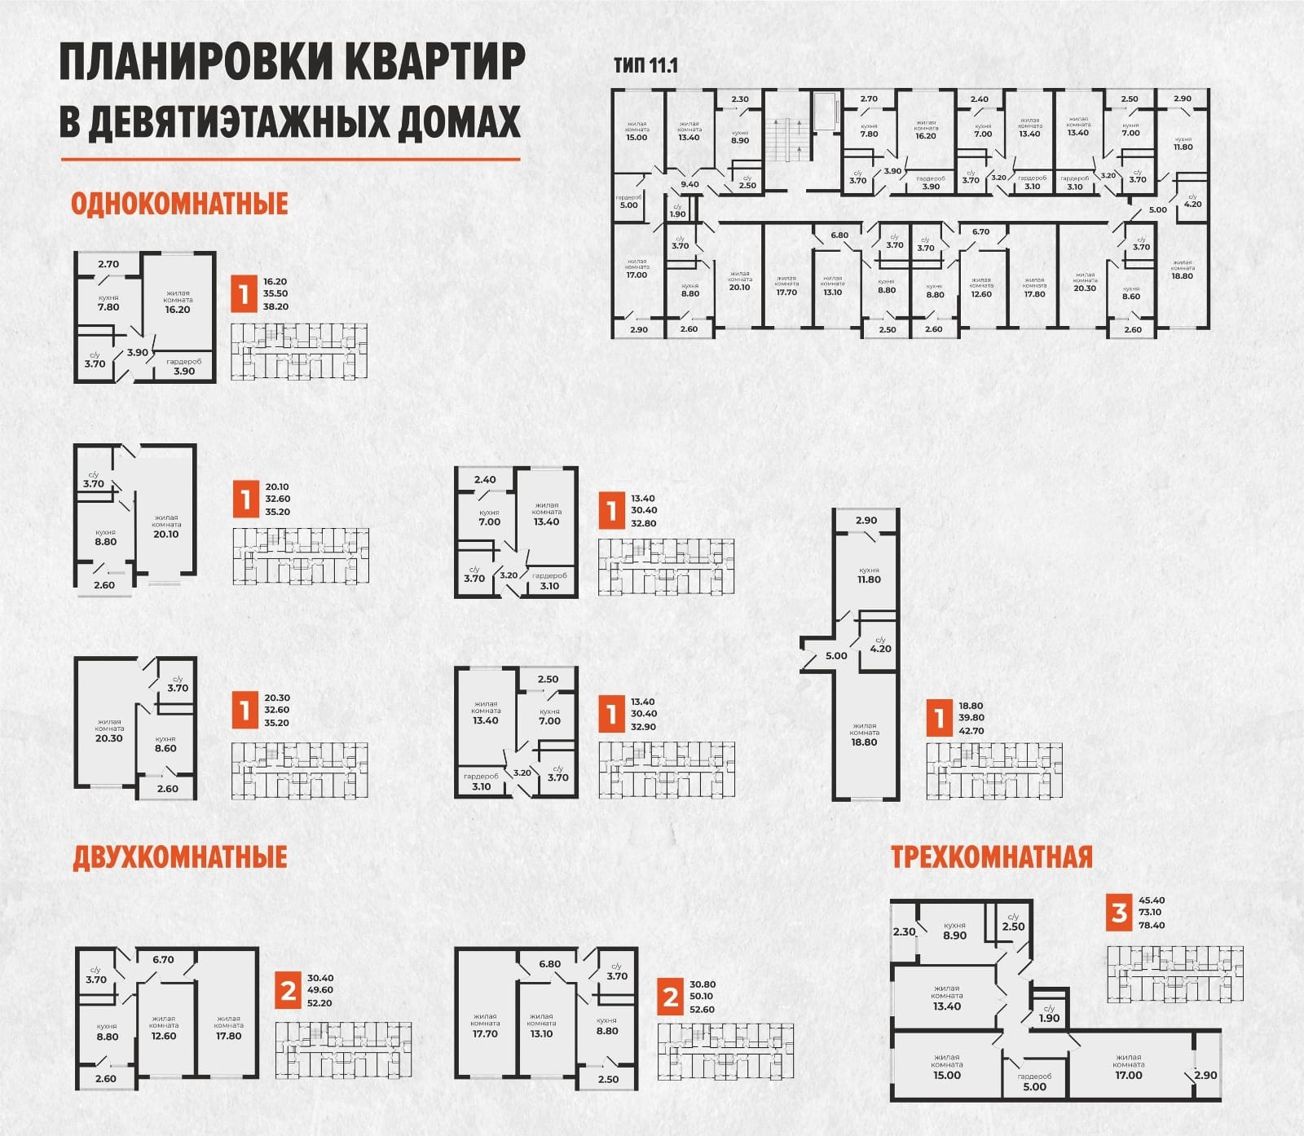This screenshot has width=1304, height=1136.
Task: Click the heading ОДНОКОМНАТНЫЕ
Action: (x=179, y=203)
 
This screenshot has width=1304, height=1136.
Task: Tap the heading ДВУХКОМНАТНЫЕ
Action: (x=180, y=857)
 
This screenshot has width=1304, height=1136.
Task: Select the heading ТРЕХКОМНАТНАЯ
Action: (x=991, y=857)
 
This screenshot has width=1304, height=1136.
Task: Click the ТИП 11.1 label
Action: (x=645, y=66)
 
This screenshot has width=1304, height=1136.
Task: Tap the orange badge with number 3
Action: (x=1120, y=913)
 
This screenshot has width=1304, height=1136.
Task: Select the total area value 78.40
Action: (x=1152, y=925)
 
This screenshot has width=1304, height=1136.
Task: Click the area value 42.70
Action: (x=971, y=731)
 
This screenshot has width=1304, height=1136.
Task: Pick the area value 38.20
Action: (x=275, y=307)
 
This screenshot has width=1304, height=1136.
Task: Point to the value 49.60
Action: (x=319, y=990)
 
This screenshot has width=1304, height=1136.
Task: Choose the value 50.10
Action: (x=702, y=996)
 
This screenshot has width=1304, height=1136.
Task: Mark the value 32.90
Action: (x=644, y=727)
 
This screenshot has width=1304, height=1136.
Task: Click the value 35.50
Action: (x=275, y=294)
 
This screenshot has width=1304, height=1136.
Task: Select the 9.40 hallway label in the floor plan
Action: (x=689, y=184)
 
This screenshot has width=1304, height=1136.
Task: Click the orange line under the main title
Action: (x=290, y=159)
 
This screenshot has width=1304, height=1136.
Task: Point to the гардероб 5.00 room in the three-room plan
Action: (x=1034, y=1081)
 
